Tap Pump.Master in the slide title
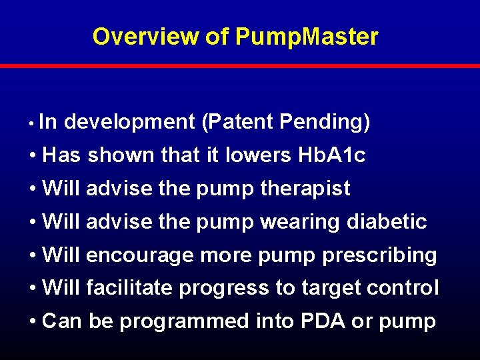[x=307, y=37]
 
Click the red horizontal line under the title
[x=240, y=66]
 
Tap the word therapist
[x=305, y=189]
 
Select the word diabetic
[x=387, y=222]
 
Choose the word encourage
[x=140, y=256]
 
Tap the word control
[x=404, y=289]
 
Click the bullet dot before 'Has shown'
[x=33, y=156]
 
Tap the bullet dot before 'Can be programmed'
[x=33, y=322]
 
